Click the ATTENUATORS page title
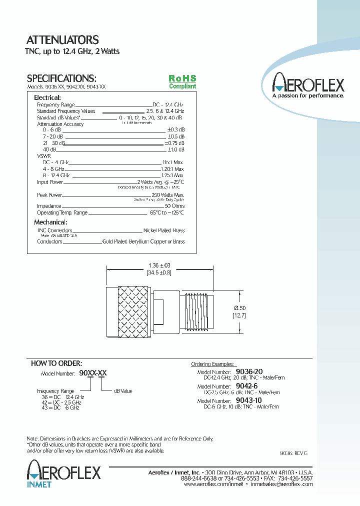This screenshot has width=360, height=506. click(x=62, y=40)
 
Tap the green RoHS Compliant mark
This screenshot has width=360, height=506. click(x=182, y=82)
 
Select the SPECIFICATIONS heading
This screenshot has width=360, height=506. click(x=61, y=78)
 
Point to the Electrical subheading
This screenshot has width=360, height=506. click(x=47, y=97)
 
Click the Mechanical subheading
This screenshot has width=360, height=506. click(x=50, y=222)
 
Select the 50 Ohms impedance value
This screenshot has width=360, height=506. click(x=174, y=206)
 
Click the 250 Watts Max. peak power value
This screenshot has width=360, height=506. click(x=168, y=195)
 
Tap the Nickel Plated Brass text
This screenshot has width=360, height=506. click(x=164, y=230)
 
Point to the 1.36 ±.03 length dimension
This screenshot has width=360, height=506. click(x=159, y=265)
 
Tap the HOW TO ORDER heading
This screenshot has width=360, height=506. click(x=56, y=363)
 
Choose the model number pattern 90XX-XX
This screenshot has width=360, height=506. click(x=92, y=373)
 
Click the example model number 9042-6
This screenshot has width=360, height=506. click(x=246, y=386)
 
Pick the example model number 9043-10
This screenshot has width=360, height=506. click(x=248, y=401)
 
